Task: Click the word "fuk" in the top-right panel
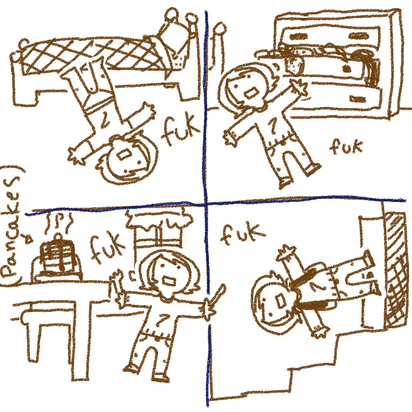[x=346, y=147]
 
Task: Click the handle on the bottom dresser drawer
[x=357, y=99]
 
